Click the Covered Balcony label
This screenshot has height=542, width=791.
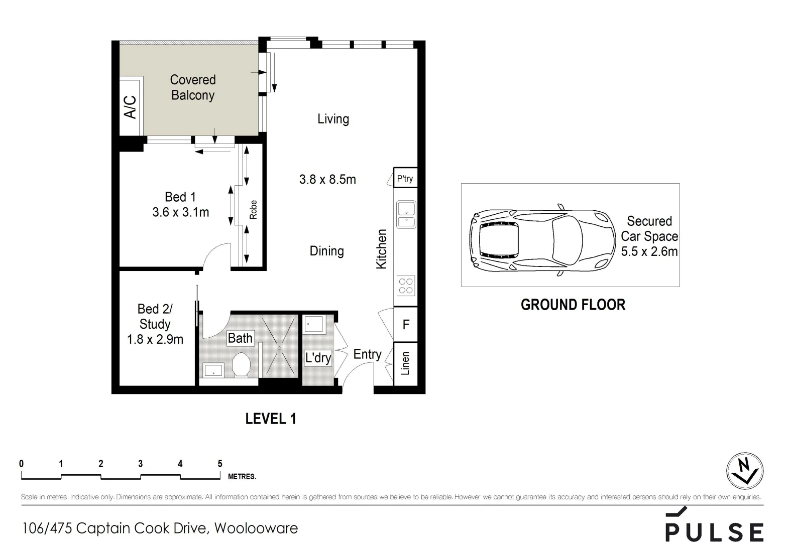[x=193, y=87]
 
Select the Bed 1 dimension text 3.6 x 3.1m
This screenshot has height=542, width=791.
[x=180, y=212]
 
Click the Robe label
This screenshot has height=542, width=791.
[x=254, y=210]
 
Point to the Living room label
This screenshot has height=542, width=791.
[x=333, y=119]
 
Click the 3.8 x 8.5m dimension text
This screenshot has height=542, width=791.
[x=327, y=179]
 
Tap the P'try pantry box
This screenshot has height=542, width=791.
[x=405, y=178]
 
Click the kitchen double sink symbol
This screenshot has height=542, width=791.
[x=406, y=215]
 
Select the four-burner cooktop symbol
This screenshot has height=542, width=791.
[x=406, y=286]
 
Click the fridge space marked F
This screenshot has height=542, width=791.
[x=406, y=325]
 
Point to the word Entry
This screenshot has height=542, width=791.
[x=367, y=354]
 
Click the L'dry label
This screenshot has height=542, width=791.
[x=318, y=358]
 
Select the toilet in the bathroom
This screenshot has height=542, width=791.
[x=242, y=364]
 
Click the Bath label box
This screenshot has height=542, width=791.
[x=240, y=338]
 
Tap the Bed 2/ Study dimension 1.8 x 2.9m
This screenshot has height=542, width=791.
[x=155, y=339]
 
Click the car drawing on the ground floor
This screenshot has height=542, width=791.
[x=542, y=239]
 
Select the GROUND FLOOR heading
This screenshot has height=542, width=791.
[x=573, y=305]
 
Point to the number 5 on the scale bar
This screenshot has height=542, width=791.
[x=219, y=464]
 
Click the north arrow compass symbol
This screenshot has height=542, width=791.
[x=745, y=472]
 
